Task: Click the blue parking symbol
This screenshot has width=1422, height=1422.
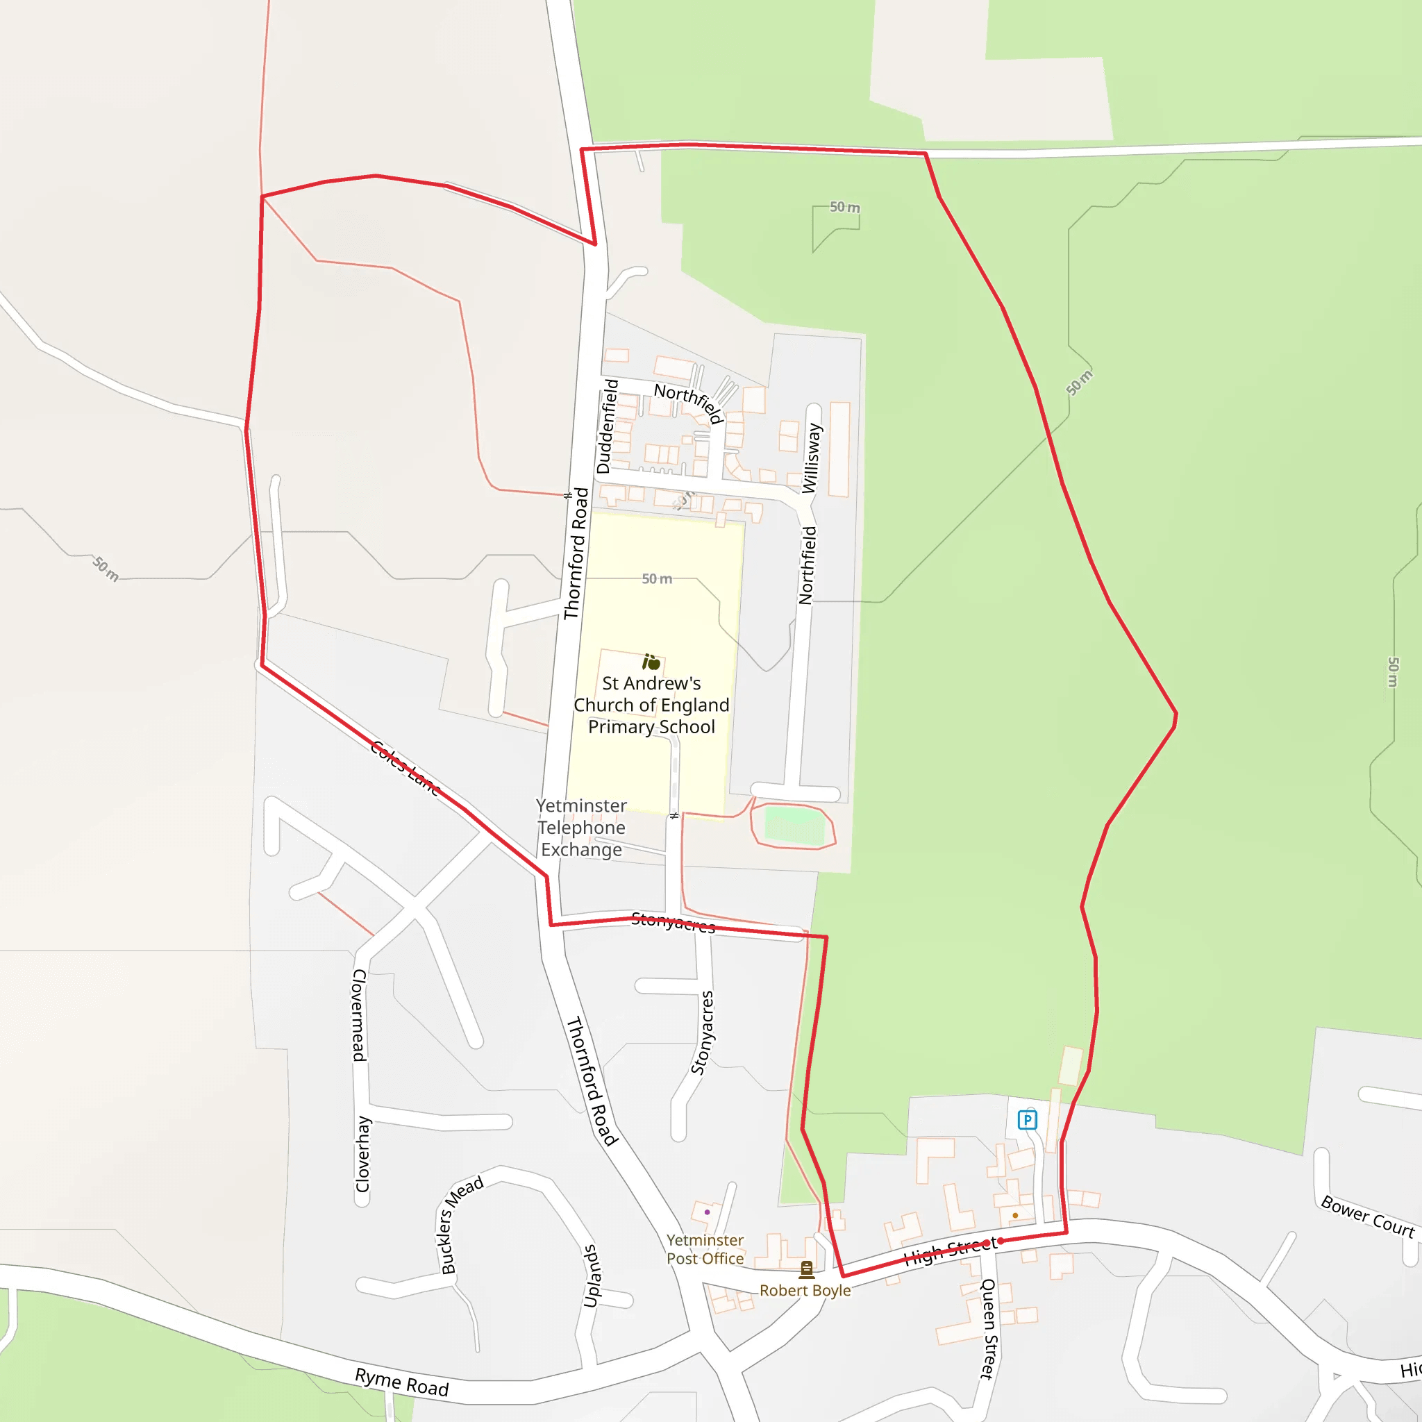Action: [1027, 1120]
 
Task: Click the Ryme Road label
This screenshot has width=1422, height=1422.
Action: [401, 1382]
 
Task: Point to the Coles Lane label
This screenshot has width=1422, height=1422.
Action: [405, 768]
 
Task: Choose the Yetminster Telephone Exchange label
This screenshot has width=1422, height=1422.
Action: [581, 827]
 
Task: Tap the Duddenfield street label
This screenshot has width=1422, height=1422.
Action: [608, 426]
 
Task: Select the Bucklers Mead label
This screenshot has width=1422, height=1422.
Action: [461, 1224]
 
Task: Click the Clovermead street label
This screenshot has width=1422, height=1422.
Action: [359, 1015]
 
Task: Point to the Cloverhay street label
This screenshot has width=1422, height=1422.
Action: [363, 1153]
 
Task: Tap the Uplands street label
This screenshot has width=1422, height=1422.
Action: [592, 1275]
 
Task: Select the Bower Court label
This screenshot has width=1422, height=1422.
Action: [1368, 1216]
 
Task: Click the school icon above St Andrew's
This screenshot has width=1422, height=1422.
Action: [651, 662]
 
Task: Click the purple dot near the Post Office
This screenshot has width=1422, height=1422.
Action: [708, 1212]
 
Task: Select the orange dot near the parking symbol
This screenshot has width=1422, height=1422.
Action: [1015, 1215]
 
